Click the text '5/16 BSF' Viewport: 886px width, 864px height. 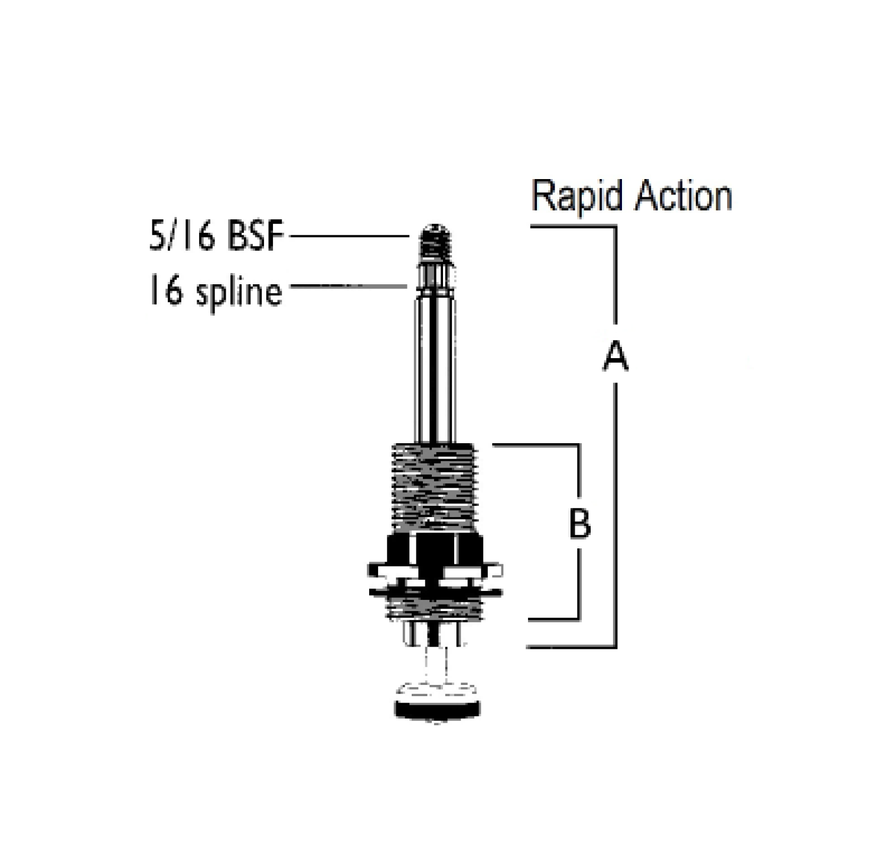coord(216,236)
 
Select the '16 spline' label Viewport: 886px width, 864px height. coord(215,292)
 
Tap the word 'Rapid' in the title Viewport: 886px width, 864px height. coord(576,197)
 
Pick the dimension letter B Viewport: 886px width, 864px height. coord(579,524)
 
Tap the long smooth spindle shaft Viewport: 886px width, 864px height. coord(437,366)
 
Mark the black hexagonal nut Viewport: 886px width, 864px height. coord(437,550)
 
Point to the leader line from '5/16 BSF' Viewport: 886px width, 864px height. coord(348,236)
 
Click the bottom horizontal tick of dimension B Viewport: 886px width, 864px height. coord(552,619)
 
